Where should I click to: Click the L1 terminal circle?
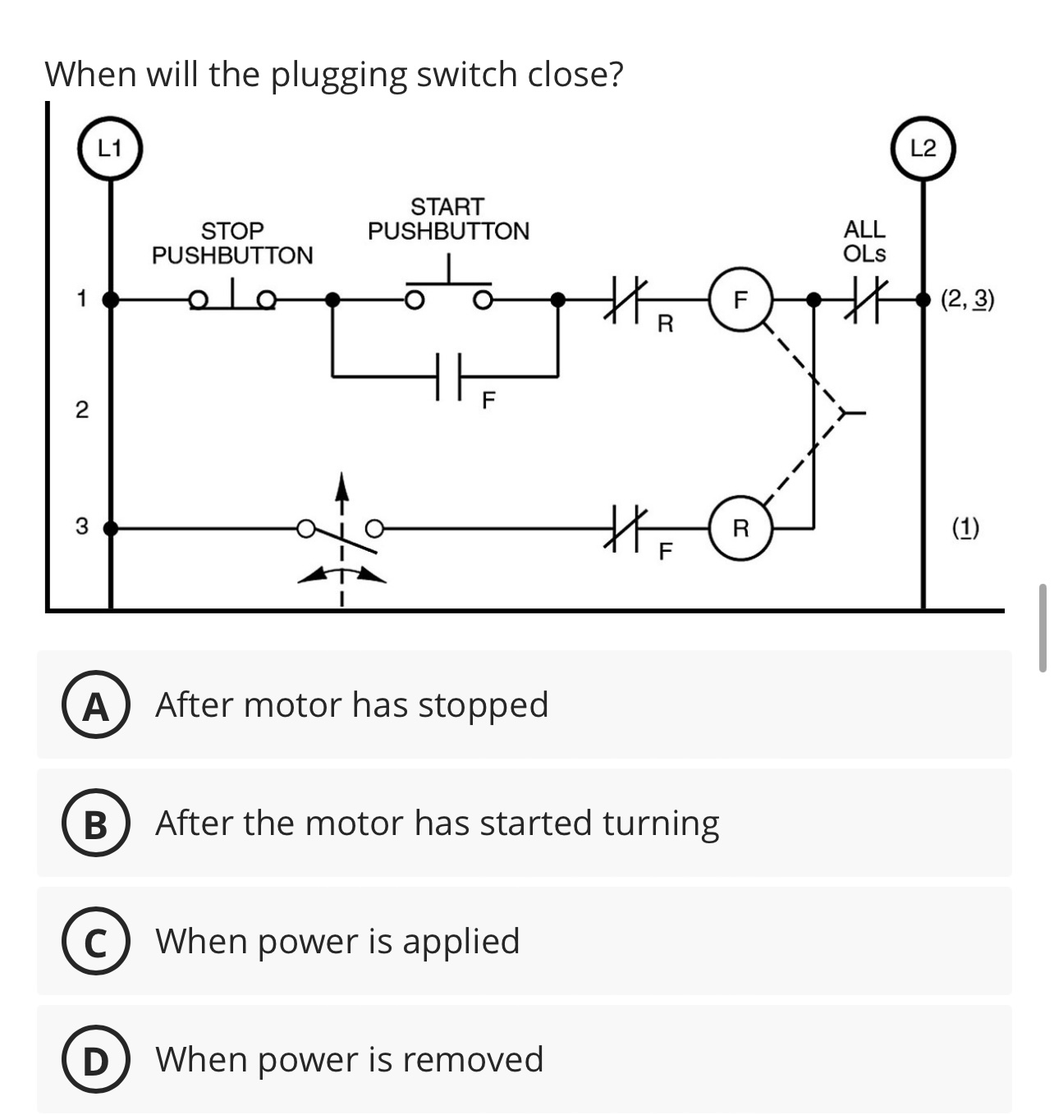(x=109, y=149)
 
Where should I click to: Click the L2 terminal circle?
(x=923, y=149)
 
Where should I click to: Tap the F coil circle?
(x=740, y=301)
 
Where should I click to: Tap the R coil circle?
(x=740, y=529)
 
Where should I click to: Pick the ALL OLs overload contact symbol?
(x=869, y=301)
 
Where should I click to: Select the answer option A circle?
(x=96, y=706)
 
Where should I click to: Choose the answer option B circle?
(x=96, y=824)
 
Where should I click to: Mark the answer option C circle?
(x=96, y=943)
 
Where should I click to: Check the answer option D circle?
(x=96, y=1061)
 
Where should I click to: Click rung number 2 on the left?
(x=81, y=410)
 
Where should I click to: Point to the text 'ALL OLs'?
(x=864, y=241)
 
